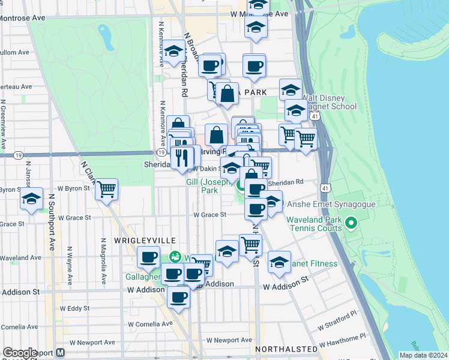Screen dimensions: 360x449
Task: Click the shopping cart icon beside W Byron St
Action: (107, 189)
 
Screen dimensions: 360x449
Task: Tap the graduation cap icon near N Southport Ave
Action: (31, 199)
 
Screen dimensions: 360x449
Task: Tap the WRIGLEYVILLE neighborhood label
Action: (136, 239)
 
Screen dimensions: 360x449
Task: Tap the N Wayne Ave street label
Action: (70, 265)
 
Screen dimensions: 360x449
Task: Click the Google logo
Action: (20, 353)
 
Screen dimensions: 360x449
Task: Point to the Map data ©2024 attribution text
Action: (423, 355)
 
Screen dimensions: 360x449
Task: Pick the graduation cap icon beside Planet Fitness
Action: (279, 261)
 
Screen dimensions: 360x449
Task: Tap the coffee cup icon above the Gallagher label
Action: (148, 256)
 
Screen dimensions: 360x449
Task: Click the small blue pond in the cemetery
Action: (107, 38)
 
